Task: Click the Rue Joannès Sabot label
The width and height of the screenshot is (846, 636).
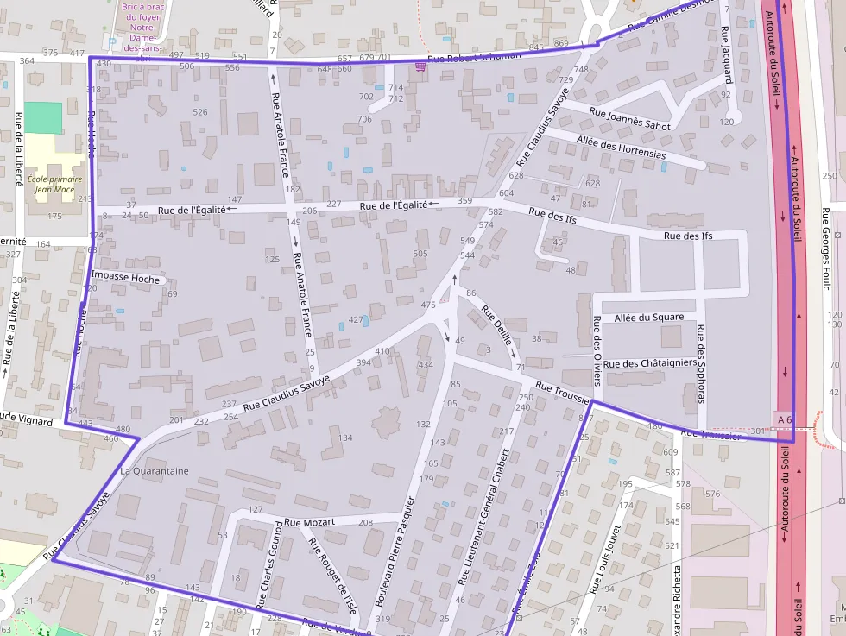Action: [629, 119]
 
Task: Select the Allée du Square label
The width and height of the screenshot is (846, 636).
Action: [648, 318]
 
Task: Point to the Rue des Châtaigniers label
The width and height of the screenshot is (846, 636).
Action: [649, 363]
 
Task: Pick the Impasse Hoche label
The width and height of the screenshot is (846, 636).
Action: [124, 278]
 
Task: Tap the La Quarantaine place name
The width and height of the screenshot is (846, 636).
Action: [155, 471]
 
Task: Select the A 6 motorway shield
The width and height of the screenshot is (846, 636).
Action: [784, 419]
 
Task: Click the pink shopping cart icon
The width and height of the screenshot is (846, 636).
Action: [420, 66]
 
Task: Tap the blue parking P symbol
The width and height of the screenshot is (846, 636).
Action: [109, 41]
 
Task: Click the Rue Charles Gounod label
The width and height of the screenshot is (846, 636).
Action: [270, 566]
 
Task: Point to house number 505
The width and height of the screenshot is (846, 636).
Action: [420, 254]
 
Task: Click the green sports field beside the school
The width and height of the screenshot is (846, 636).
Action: [43, 116]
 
